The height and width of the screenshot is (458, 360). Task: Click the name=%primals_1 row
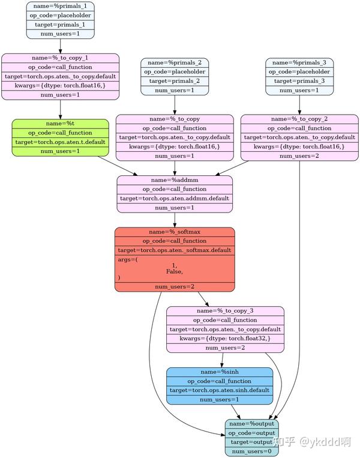click(x=60, y=6)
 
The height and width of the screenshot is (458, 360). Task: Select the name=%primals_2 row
click(x=175, y=62)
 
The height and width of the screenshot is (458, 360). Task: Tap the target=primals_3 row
click(x=299, y=80)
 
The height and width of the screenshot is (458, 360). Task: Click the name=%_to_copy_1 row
click(x=60, y=58)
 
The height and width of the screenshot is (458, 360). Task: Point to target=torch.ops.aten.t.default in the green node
click(x=60, y=142)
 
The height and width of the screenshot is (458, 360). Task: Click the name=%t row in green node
click(x=60, y=124)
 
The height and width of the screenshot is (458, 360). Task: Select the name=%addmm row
click(x=175, y=180)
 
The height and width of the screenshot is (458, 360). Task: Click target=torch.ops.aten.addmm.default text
click(x=175, y=198)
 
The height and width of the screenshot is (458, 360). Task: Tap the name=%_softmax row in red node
click(x=175, y=232)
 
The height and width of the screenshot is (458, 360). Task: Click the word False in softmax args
click(x=175, y=271)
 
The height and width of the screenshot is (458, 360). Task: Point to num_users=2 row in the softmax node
click(x=175, y=287)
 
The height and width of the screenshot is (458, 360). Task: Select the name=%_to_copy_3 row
click(x=225, y=311)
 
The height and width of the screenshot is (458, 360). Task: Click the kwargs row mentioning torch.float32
click(x=225, y=339)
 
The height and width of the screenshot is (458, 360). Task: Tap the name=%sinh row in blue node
click(x=220, y=372)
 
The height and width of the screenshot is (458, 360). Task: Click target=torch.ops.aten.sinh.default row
click(x=220, y=390)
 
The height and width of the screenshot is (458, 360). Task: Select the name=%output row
click(x=251, y=424)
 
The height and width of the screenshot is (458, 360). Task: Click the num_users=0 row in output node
click(x=251, y=451)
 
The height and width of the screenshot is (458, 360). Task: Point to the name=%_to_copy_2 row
click(x=299, y=119)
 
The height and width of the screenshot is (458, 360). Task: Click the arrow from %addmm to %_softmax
click(x=175, y=220)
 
